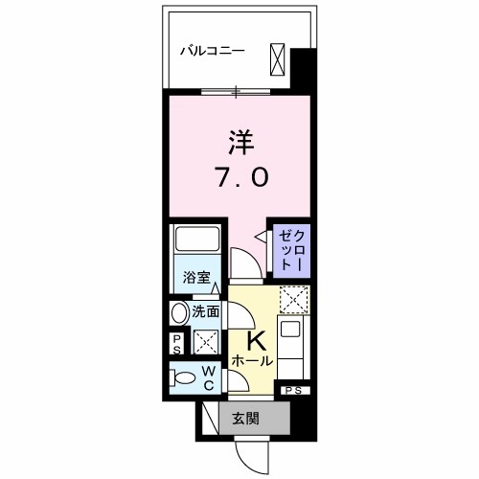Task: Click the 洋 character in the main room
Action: [240, 142]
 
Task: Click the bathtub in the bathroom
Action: [197, 243]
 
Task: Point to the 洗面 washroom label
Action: [206, 311]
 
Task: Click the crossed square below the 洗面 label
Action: [205, 342]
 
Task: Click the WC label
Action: [208, 377]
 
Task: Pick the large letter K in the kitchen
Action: [256, 340]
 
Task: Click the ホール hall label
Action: [252, 361]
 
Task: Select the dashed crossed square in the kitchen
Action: [290, 302]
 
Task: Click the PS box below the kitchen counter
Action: [293, 391]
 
